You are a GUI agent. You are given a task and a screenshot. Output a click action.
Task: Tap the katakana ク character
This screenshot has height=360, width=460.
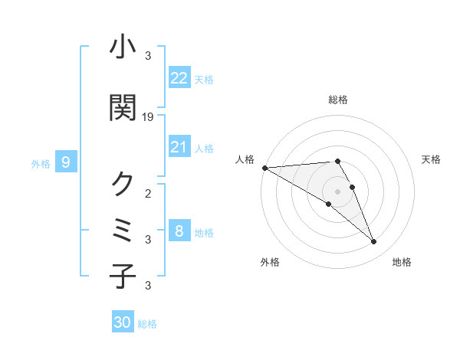tap(123, 184)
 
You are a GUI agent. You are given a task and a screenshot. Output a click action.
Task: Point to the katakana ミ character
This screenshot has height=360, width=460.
tap(123, 230)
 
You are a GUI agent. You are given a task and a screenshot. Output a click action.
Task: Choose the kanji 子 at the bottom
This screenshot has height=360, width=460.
tap(123, 277)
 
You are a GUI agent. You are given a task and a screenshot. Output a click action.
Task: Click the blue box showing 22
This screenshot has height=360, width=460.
tap(179, 77)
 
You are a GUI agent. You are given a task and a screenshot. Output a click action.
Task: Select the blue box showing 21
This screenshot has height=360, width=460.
tap(179, 146)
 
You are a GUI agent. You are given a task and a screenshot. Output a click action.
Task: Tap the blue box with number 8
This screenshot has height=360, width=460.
tap(179, 231)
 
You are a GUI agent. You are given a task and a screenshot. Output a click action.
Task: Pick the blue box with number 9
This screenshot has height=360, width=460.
tap(66, 162)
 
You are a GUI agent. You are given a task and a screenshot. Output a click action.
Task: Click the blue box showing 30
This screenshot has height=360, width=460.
tap(123, 322)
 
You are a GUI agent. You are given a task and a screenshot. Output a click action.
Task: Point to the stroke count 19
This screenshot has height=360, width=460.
tap(149, 116)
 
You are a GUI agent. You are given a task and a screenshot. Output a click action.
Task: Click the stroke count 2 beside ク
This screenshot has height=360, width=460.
tap(148, 193)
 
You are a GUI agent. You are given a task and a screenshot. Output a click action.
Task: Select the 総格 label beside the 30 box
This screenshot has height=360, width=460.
tap(147, 324)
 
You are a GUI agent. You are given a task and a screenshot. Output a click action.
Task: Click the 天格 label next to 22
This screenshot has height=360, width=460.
tap(204, 79)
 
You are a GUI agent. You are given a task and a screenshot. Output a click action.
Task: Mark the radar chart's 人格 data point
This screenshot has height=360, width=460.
tap(264, 168)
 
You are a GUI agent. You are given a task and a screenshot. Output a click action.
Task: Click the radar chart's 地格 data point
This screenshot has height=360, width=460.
tap(374, 242)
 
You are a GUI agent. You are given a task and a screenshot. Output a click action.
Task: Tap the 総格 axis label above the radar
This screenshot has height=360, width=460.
tap(337, 100)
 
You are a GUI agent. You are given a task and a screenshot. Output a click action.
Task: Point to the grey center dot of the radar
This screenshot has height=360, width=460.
tap(337, 191)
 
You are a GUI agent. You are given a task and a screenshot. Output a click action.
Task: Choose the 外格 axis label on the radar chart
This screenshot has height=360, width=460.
tap(270, 262)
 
